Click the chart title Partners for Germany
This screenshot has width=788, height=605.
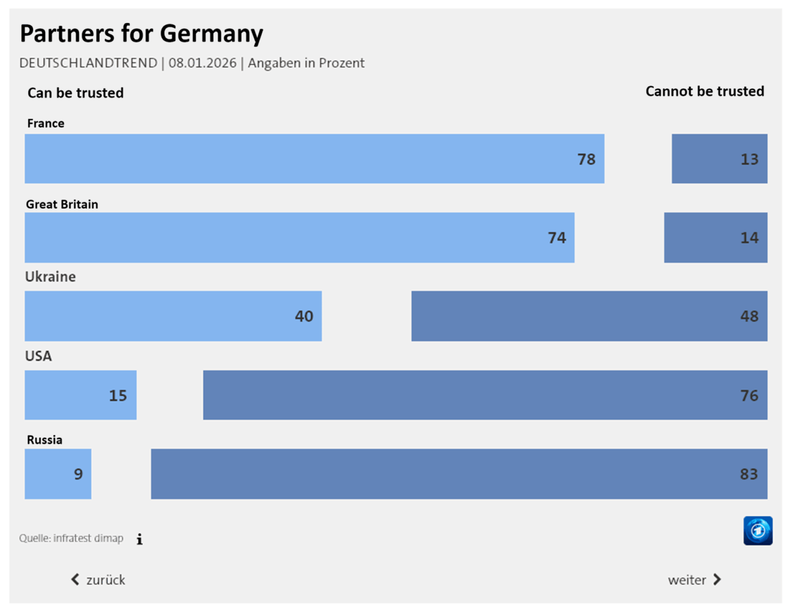click(x=141, y=34)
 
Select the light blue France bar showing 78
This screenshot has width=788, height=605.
click(x=314, y=158)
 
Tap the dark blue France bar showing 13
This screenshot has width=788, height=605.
click(x=719, y=158)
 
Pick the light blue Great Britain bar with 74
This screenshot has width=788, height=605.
click(x=299, y=237)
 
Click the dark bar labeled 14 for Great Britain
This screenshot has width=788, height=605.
click(x=715, y=237)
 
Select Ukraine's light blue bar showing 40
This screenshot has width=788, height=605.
click(x=173, y=316)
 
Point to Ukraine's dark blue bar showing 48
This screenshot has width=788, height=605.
click(x=589, y=316)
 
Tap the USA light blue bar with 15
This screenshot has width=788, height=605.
click(x=81, y=395)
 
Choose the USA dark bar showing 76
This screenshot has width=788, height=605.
click(x=485, y=395)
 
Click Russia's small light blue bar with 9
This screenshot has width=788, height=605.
click(x=58, y=474)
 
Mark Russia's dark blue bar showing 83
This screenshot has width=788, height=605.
click(x=459, y=474)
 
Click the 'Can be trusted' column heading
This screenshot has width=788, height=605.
click(x=75, y=93)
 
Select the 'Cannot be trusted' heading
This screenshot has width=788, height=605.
click(x=704, y=91)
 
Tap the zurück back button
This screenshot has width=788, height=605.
click(x=98, y=580)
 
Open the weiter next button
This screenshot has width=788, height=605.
click(x=694, y=580)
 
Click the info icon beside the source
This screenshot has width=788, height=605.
click(x=140, y=539)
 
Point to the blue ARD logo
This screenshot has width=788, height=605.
click(x=758, y=531)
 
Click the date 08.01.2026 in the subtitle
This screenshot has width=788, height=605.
click(x=202, y=63)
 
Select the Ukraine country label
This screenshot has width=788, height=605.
click(x=50, y=277)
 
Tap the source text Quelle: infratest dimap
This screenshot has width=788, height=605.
click(x=71, y=538)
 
